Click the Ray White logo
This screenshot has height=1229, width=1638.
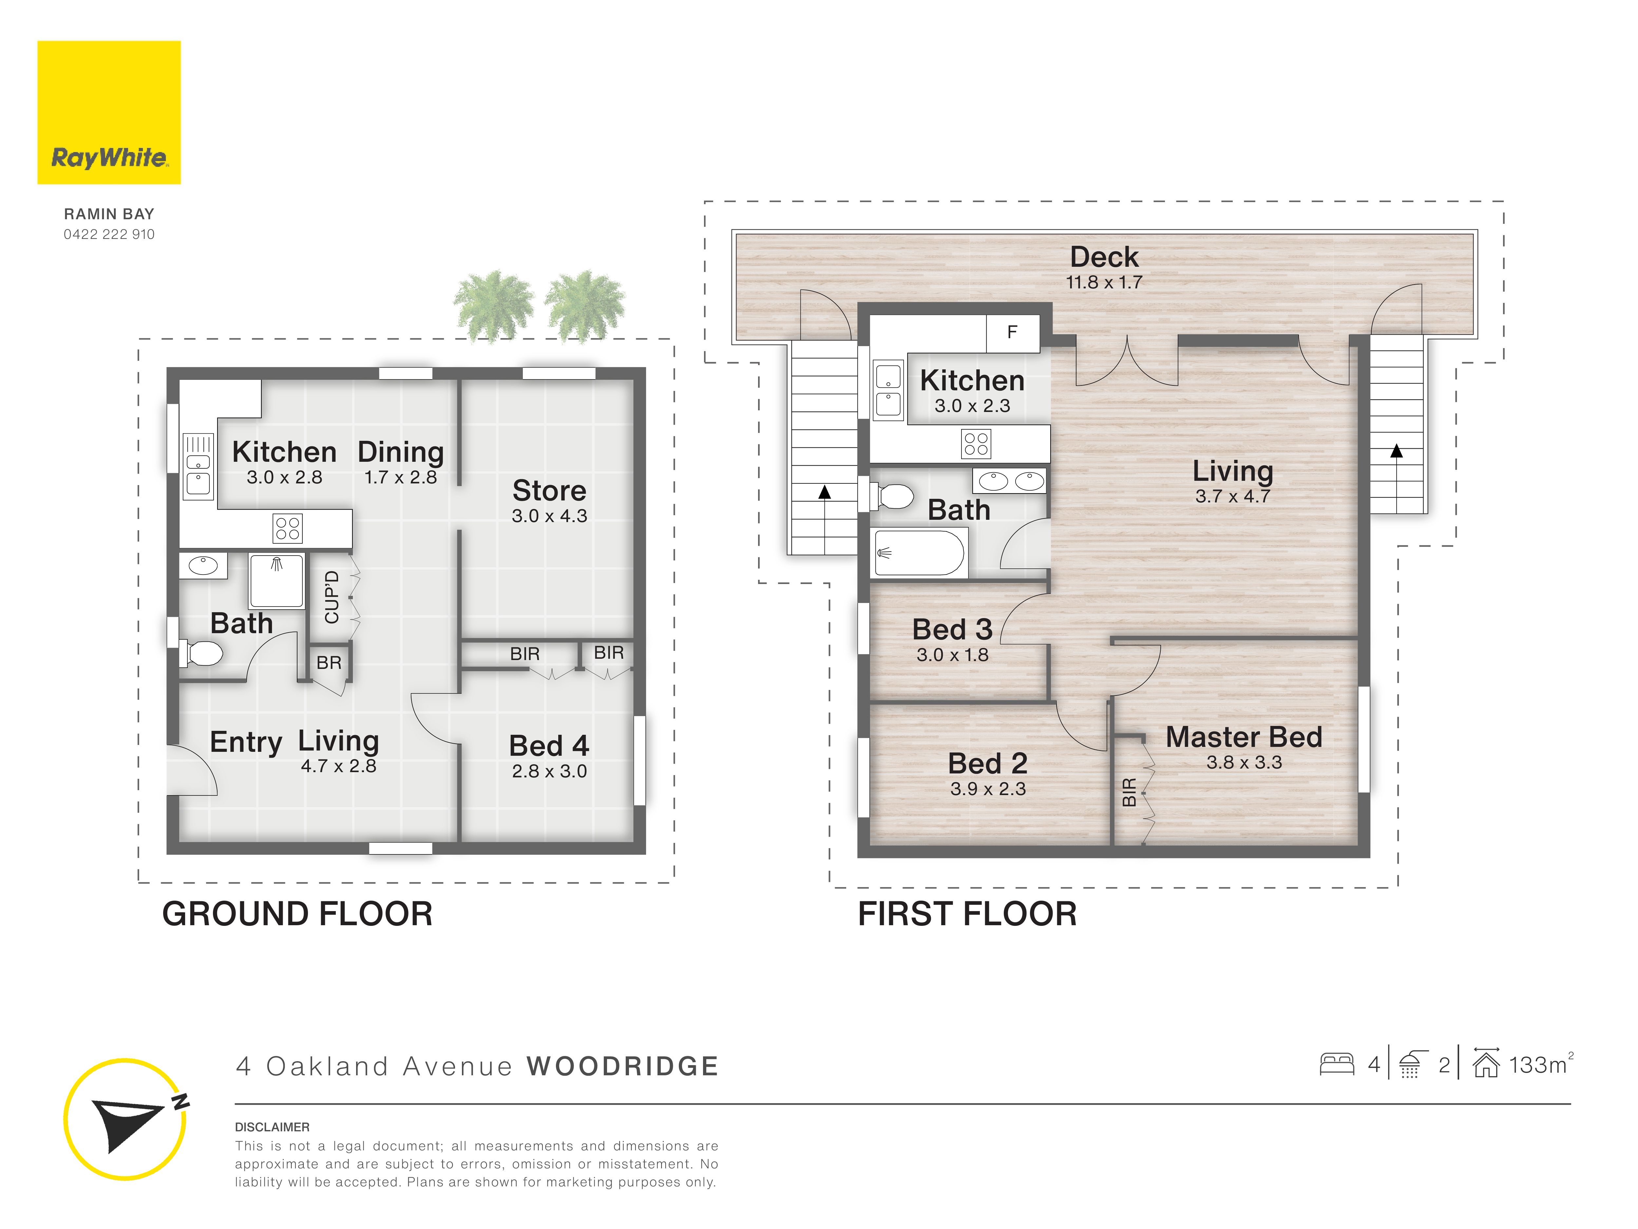(109, 113)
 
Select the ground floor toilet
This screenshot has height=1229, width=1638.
(201, 654)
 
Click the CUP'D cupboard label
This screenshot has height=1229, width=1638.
(332, 597)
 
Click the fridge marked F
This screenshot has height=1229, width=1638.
(1012, 333)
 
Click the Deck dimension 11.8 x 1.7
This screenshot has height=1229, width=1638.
(1104, 282)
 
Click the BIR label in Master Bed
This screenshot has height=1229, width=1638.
(1129, 792)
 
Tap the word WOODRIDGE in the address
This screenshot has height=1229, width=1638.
(623, 1067)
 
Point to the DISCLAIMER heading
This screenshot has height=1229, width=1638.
(273, 1127)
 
